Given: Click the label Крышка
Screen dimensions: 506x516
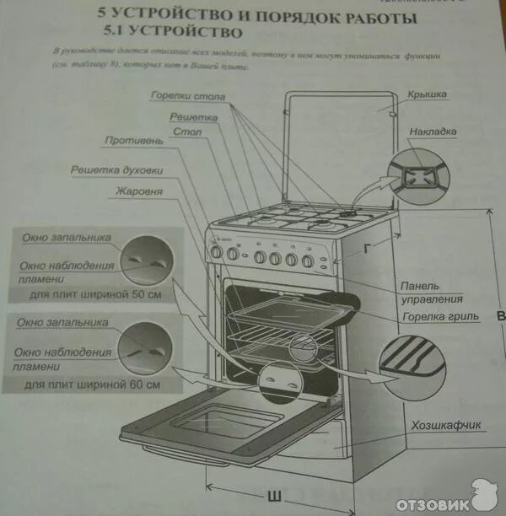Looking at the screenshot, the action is [426, 95].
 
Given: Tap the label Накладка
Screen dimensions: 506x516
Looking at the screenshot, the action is [433, 132].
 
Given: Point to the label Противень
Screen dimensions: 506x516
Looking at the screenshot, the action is [129, 140].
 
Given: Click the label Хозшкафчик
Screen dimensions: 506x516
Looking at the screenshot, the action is [446, 426].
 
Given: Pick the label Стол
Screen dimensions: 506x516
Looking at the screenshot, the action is [186, 132].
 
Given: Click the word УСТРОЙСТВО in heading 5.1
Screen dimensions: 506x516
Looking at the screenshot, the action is [179, 33].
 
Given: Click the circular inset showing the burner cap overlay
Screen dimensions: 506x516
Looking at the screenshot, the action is [412, 176].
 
